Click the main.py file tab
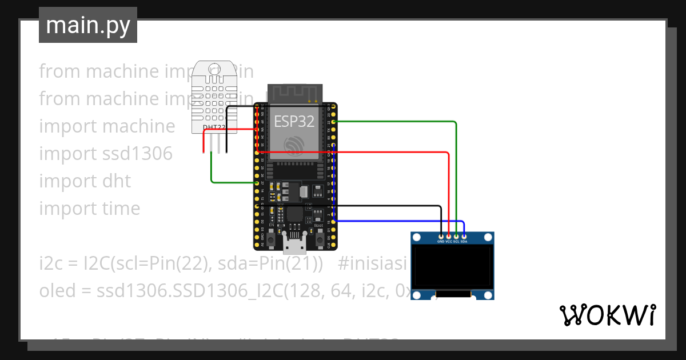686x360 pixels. tap(88, 25)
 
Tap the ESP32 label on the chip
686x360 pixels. tap(294, 121)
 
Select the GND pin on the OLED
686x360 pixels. tap(441, 236)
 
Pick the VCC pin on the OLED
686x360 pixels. tap(449, 236)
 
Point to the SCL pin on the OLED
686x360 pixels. tap(456, 236)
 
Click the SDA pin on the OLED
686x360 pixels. tap(464, 236)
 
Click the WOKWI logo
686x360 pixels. tap(607, 315)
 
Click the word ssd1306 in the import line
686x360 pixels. tap(137, 154)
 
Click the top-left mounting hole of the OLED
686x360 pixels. tap(417, 238)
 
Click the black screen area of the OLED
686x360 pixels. tap(452, 266)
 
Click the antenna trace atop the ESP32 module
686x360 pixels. tap(295, 93)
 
